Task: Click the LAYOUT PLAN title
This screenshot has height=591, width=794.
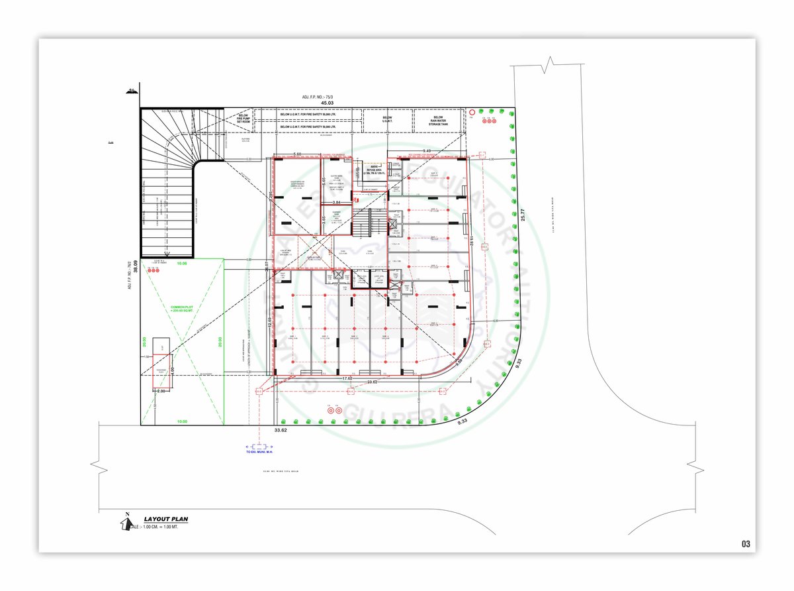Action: (x=165, y=519)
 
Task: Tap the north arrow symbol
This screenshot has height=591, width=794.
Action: (x=124, y=521)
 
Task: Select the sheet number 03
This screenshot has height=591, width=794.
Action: (x=746, y=544)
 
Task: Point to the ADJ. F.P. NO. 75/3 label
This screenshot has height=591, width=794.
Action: (x=319, y=97)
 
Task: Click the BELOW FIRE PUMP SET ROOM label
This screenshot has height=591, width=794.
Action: (x=242, y=118)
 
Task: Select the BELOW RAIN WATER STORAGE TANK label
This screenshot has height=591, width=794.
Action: (x=438, y=120)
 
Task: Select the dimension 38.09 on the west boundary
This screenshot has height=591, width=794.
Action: (x=135, y=266)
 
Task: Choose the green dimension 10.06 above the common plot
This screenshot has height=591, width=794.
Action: (x=181, y=264)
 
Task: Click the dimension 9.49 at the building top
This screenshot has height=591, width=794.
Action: (x=427, y=150)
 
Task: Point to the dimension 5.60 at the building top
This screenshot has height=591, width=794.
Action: (x=296, y=154)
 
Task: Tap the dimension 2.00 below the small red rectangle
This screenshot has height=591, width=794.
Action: (x=160, y=391)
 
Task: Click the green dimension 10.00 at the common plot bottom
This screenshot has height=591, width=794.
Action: (x=182, y=421)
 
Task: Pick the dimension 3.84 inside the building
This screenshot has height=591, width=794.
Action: (x=336, y=202)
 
